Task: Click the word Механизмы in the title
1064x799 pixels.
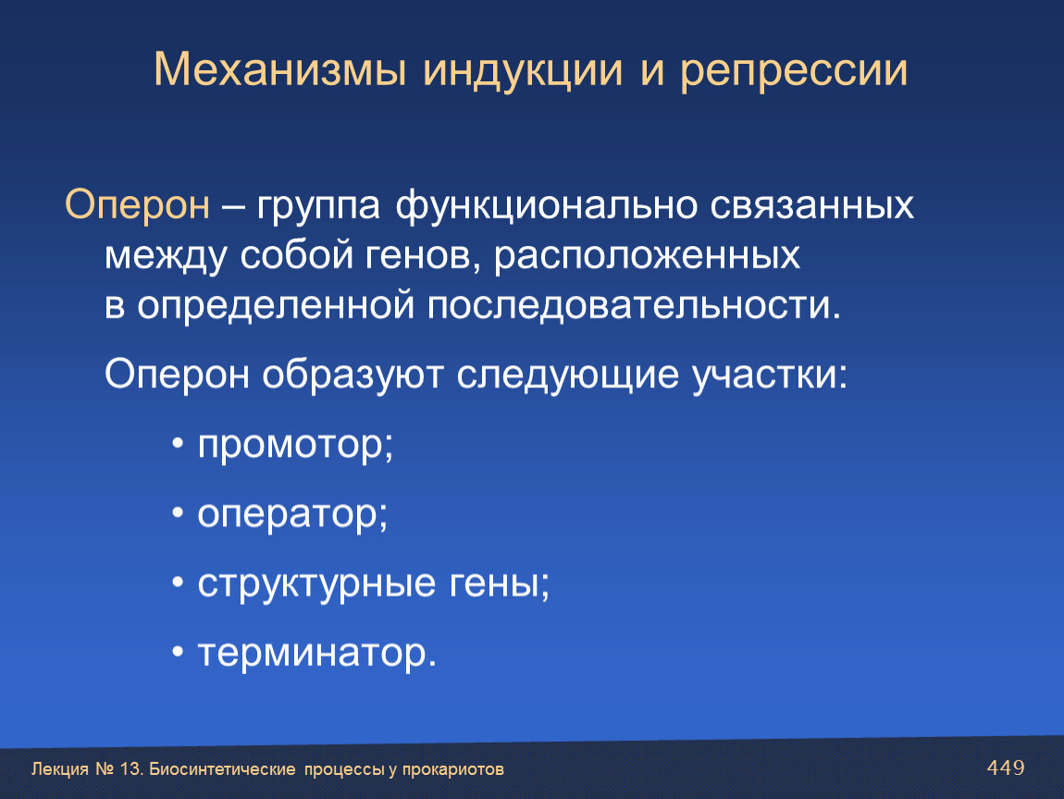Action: tap(280, 69)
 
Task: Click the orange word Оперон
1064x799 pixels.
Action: tap(137, 205)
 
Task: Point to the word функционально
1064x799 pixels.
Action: tap(546, 205)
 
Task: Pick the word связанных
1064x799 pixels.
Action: tap(812, 205)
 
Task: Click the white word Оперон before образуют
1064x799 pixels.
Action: tap(177, 374)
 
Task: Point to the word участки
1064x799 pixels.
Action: tap(770, 375)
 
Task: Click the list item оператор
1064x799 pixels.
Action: tap(292, 515)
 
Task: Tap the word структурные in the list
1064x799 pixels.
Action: tap(316, 584)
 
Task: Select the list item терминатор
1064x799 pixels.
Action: tap(317, 653)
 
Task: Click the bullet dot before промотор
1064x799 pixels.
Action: tap(178, 445)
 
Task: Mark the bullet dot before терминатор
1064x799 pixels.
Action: tap(178, 652)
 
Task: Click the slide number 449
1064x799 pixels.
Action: tap(1006, 768)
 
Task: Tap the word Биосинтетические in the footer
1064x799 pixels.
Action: tap(222, 769)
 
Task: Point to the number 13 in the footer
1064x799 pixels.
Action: tap(129, 769)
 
